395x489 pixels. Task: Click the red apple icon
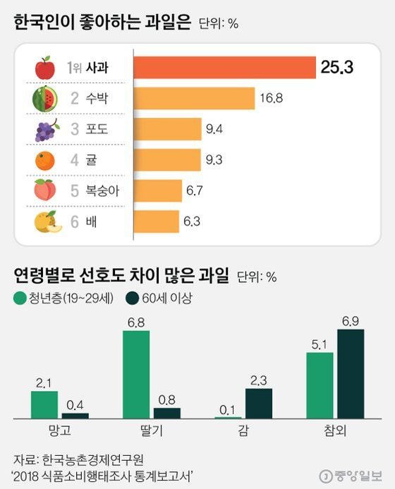pos(44,68)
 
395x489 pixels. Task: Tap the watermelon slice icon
pos(44,99)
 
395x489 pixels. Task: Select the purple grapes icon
pos(44,130)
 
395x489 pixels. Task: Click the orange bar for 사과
pos(224,68)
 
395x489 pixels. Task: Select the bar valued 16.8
pos(193,99)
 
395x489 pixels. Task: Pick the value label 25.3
pos(336,68)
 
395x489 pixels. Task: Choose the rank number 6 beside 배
pos(75,221)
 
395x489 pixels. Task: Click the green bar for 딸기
pos(136,375)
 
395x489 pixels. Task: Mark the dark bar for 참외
pos(351,374)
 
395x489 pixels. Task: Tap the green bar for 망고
pos(44,405)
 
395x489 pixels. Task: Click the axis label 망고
pos(59,429)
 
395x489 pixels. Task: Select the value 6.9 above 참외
pos(351,322)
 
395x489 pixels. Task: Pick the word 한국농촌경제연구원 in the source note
pos(88,458)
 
